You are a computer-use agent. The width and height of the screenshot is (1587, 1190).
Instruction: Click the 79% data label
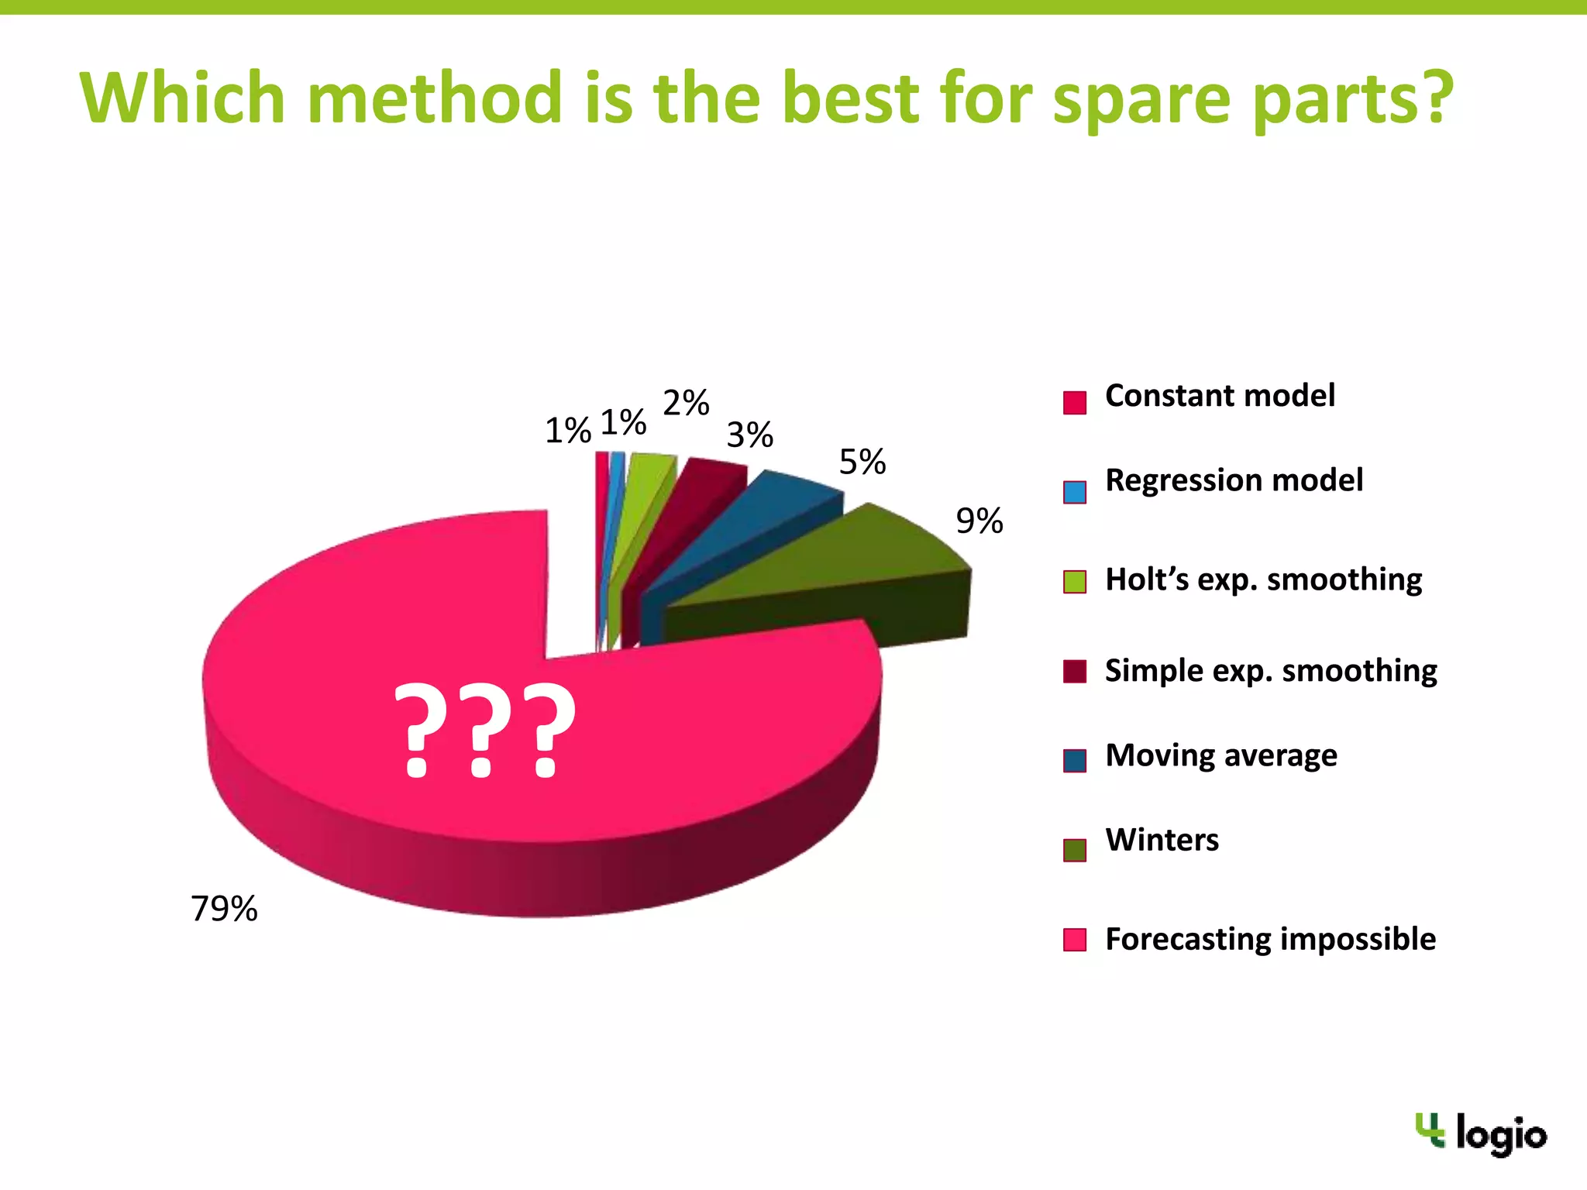point(224,909)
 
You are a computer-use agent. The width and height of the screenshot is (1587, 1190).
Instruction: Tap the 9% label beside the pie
point(979,521)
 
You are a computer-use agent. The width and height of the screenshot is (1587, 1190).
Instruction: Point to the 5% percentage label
point(862,462)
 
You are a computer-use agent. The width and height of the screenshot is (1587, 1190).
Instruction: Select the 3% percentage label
point(749,435)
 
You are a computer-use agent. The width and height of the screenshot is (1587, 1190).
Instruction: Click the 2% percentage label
point(686,403)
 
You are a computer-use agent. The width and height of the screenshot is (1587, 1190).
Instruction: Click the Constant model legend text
point(1220,396)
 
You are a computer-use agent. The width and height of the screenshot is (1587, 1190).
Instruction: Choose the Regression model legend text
point(1234,480)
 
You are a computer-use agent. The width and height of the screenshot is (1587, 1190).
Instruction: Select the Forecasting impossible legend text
point(1270,939)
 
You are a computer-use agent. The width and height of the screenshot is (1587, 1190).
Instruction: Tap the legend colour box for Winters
point(1075,850)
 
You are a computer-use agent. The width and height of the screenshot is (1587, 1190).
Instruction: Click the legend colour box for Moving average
point(1075,761)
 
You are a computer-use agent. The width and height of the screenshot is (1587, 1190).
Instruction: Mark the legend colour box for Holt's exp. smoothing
point(1075,581)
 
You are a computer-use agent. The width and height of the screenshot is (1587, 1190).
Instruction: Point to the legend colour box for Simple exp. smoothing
point(1075,671)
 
